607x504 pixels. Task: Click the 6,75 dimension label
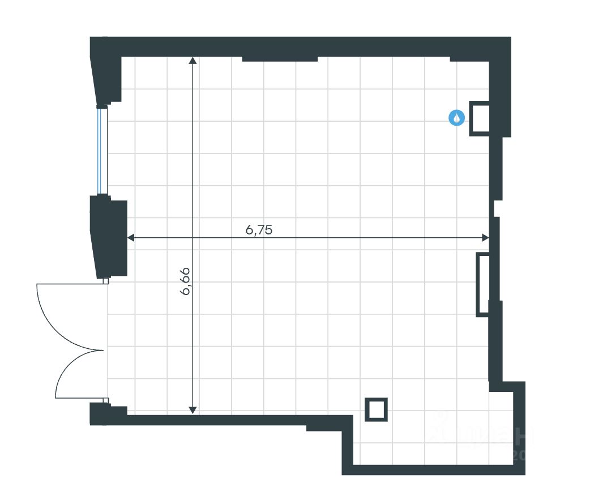[x=259, y=230]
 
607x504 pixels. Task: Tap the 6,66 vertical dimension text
[x=186, y=281]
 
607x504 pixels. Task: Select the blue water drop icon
[x=457, y=118]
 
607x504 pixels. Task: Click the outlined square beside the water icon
[x=480, y=118]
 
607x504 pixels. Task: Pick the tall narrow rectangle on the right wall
[x=483, y=284]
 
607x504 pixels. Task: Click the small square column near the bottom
[x=376, y=409]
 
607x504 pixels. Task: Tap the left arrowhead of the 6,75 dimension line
[x=131, y=238]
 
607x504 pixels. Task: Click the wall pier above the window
[x=106, y=71]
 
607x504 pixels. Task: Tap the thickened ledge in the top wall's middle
[x=279, y=58]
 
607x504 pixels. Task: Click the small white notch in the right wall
[x=497, y=208]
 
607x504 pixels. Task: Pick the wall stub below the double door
[x=104, y=414]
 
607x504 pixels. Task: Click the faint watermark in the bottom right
[x=481, y=436]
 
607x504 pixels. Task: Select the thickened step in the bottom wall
[x=329, y=424]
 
